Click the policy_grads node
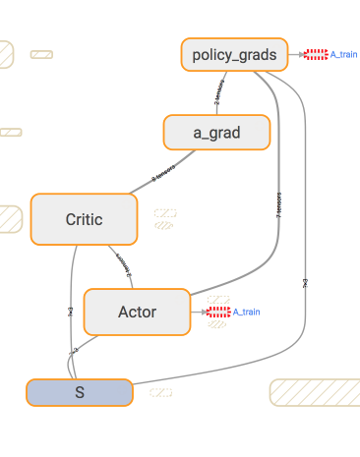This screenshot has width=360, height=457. tap(234, 54)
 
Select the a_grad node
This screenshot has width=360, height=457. tap(216, 132)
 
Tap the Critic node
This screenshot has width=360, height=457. tap(83, 219)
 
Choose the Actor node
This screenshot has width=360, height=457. tap(137, 312)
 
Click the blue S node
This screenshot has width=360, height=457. tap(79, 391)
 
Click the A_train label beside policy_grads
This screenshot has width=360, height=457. tap(343, 54)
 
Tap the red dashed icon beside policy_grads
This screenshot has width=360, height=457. tap(316, 54)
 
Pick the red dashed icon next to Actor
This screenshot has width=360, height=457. tap(218, 312)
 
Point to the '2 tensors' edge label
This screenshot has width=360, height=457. tap(219, 94)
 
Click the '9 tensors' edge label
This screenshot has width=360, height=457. tap(163, 174)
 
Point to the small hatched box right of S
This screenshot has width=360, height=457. tap(161, 392)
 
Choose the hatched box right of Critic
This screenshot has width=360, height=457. tap(164, 217)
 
